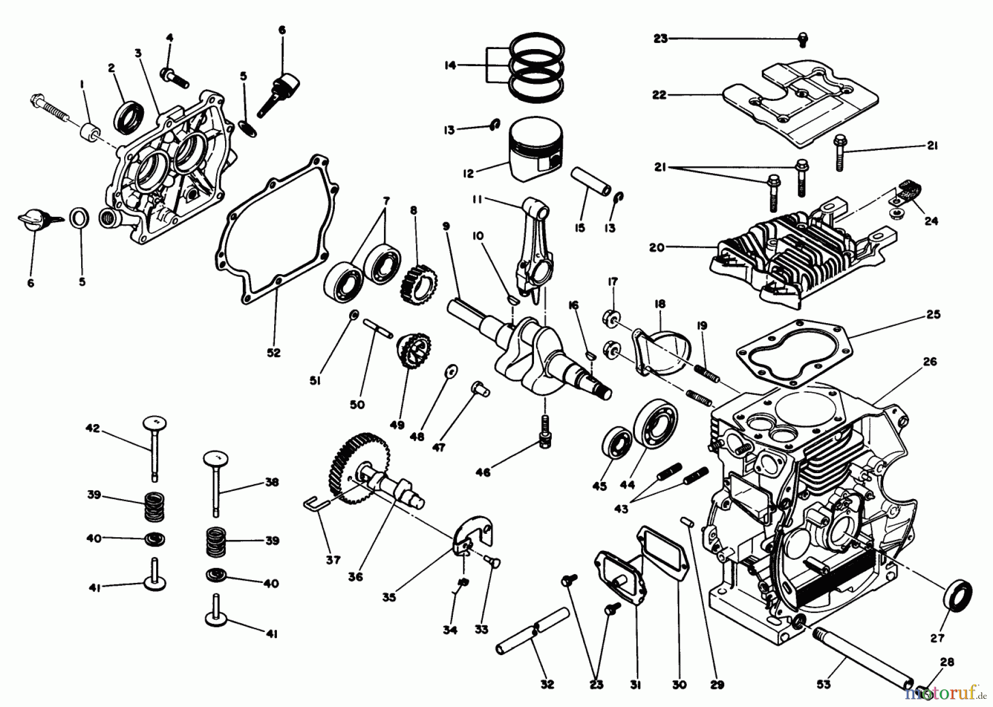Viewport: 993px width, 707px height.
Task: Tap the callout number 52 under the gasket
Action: click(x=274, y=352)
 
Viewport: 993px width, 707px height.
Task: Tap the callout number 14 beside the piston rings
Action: click(x=450, y=66)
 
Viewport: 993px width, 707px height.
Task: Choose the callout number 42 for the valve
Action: click(x=93, y=428)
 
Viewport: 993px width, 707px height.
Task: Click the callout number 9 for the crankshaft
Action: click(x=446, y=226)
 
